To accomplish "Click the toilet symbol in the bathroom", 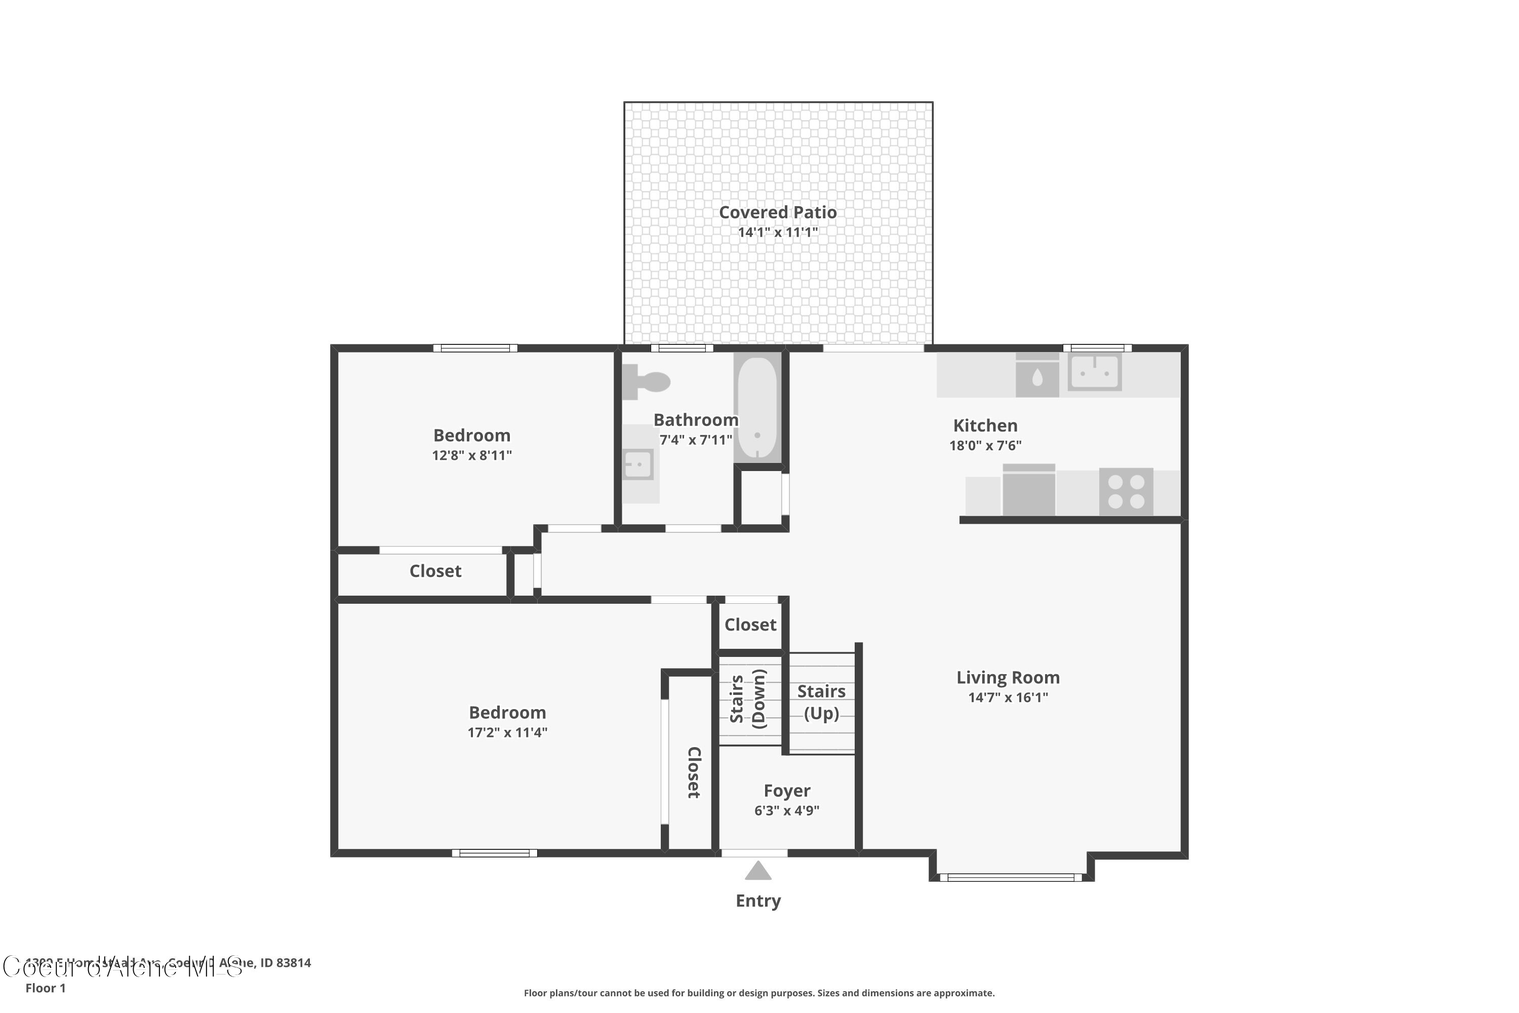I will pos(647,381).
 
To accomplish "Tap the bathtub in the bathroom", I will pos(757,408).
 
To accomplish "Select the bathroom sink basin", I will pos(638,464).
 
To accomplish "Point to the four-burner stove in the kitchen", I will pos(1126,492).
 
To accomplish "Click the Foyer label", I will pos(787,791).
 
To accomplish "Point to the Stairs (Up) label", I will pos(821,702).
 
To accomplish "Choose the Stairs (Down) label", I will pos(748,699).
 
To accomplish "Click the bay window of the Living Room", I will pos(1011,877).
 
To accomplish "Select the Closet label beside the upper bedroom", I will pos(435,571).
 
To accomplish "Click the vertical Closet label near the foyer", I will pos(694,773).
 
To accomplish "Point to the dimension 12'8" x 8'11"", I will pos(471,455).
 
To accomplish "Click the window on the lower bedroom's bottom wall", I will pos(494,853).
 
